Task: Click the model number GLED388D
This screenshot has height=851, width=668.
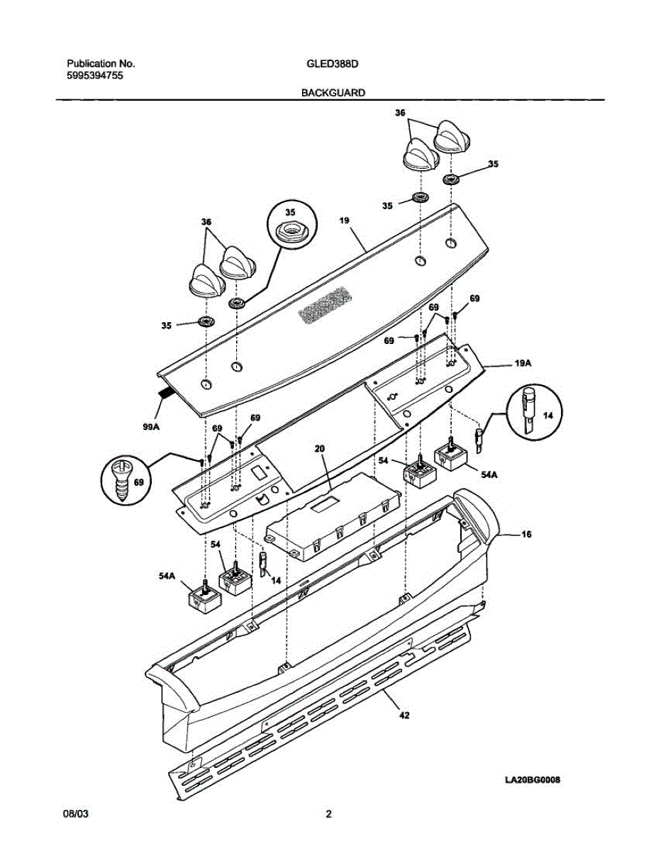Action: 332,63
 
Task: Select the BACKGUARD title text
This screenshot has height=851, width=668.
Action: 333,92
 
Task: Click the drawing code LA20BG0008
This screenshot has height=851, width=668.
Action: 533,779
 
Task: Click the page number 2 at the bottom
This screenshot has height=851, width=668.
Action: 328,815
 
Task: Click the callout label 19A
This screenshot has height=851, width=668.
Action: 523,363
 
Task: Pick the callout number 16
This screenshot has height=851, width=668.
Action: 526,533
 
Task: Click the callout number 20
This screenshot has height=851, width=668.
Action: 319,449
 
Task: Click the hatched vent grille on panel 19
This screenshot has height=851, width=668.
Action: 321,306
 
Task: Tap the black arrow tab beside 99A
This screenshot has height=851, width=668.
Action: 167,392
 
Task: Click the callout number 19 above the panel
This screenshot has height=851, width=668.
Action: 344,221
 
